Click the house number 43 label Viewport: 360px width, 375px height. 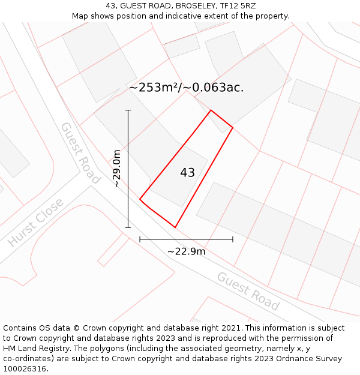[187, 173]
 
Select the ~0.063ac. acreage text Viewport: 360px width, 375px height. [214, 88]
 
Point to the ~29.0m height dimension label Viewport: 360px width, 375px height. [117, 169]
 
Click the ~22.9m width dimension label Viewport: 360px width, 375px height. [186, 251]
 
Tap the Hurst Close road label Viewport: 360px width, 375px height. [35, 223]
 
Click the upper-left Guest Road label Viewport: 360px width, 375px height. [80, 153]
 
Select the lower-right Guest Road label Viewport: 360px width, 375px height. [248, 291]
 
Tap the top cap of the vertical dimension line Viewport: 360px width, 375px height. [128, 110]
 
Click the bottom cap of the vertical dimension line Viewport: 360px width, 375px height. [128, 227]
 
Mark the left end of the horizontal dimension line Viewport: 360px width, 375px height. [140, 239]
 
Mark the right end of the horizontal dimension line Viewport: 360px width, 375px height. [233, 239]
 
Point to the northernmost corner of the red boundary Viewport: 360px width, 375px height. [211, 110]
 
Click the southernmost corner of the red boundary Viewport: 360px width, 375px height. [175, 227]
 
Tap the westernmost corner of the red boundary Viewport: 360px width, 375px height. [140, 199]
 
